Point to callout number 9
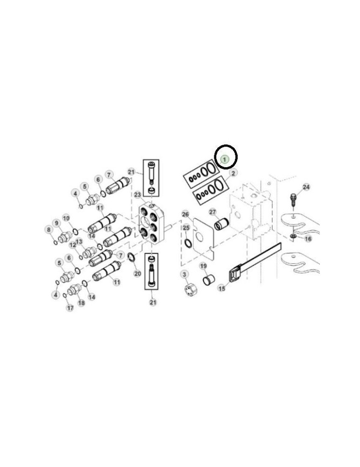[56, 223]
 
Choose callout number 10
[66, 218]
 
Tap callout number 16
[308, 239]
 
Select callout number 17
[70, 308]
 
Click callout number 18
[81, 303]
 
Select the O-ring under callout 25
[187, 243]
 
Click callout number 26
[185, 214]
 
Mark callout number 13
[79, 241]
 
